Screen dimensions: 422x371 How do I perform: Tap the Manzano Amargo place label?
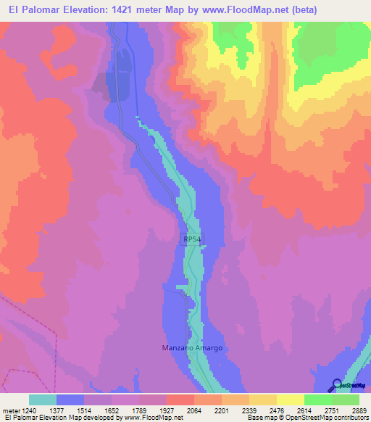pos(191,348)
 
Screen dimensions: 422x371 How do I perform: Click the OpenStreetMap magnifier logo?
pos(335,384)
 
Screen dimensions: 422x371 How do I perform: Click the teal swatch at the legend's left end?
pos(43,400)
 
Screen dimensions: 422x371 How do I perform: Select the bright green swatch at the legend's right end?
pos(346,400)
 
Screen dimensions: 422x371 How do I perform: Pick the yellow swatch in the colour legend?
pos(291,400)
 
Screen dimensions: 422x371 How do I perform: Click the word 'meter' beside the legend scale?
pos(10,410)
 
